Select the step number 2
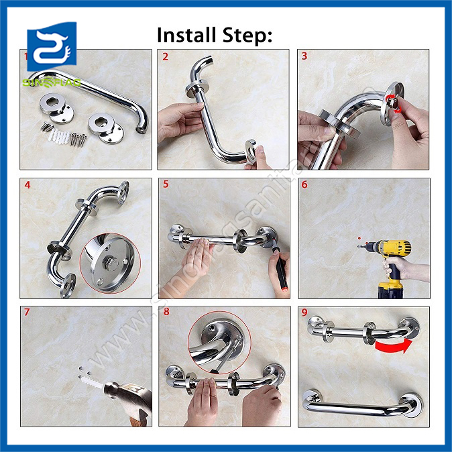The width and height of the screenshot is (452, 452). [x=165, y=56]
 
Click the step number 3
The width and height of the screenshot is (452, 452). [x=304, y=56]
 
